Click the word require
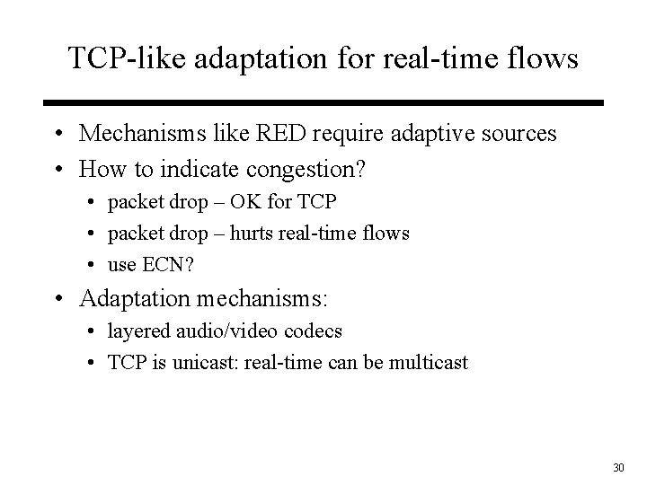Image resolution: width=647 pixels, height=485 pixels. click(333, 134)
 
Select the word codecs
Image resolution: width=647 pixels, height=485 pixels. click(314, 331)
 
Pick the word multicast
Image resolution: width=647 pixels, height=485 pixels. click(430, 363)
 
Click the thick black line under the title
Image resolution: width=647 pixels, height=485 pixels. click(323, 102)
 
